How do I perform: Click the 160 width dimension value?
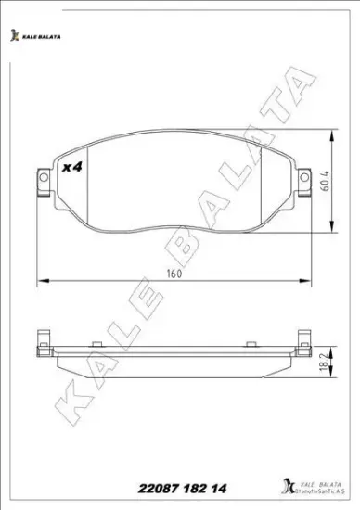[x=174, y=274]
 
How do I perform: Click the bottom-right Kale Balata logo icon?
[x=280, y=487]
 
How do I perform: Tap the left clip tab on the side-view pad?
[x=42, y=341]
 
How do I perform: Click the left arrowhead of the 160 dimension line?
[x=37, y=282]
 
